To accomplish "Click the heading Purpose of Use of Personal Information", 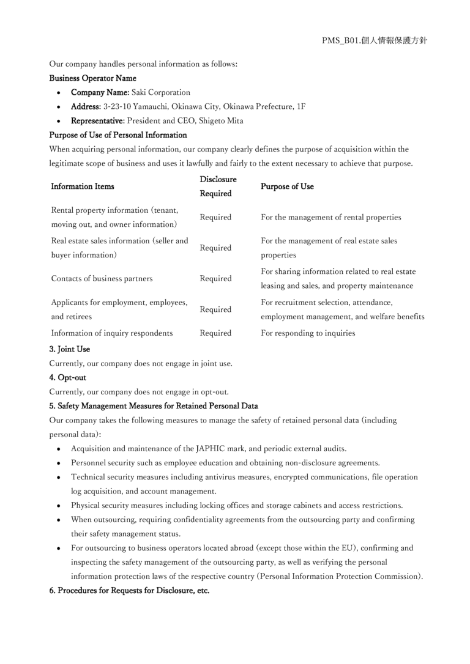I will coord(118,135).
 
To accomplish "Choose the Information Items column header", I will coord(83,186).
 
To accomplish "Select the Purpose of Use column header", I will coord(287,186).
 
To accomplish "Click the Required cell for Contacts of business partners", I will coord(215,279).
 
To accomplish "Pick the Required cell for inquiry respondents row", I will coord(215,334).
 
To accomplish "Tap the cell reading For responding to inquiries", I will coord(308,334).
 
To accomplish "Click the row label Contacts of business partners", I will coord(102,279).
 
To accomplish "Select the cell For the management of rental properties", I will coord(331,217).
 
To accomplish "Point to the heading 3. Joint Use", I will coord(70,350).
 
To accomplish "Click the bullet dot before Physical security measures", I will coord(58,506).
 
